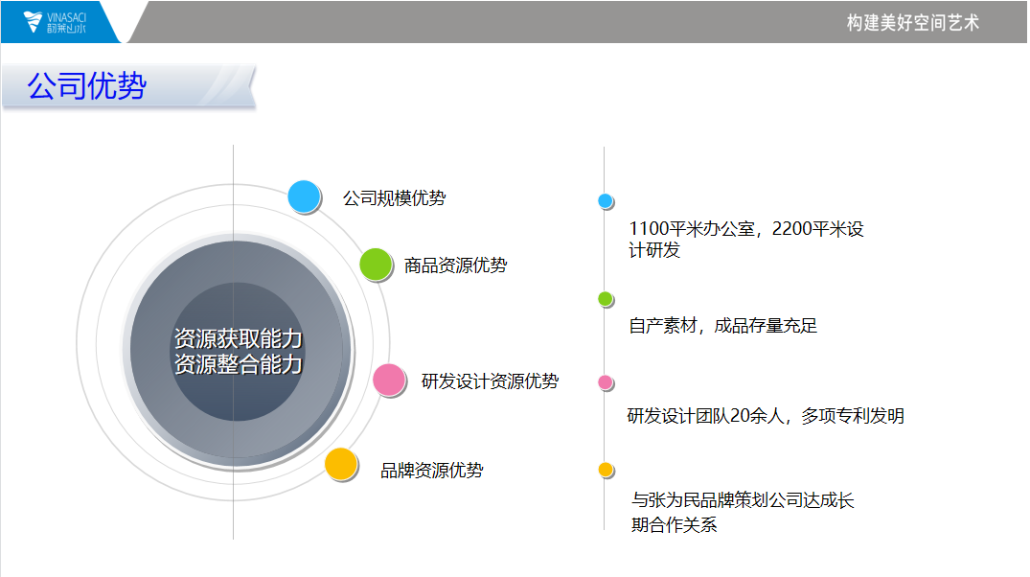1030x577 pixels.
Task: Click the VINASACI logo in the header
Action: (55, 22)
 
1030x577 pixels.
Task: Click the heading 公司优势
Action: (86, 86)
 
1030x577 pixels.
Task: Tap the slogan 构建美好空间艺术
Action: (912, 23)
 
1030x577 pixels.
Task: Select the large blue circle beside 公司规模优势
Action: (304, 196)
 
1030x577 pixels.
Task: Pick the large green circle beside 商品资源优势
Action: (376, 265)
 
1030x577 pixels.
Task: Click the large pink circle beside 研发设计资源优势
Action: (389, 380)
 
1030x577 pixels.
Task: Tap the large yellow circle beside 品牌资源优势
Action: (341, 464)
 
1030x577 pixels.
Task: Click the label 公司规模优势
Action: (394, 197)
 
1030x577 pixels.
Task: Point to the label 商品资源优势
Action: (455, 265)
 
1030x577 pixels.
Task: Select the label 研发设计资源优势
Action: (490, 381)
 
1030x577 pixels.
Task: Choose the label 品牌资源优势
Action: (431, 471)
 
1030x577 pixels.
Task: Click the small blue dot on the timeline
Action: (605, 201)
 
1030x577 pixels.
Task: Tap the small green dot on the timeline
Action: (605, 299)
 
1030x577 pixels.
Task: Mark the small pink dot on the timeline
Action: (605, 382)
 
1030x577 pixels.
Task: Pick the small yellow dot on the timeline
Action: (605, 470)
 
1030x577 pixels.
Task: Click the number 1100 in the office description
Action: (649, 229)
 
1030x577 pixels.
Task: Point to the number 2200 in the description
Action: (791, 229)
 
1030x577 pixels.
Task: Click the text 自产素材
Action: (663, 326)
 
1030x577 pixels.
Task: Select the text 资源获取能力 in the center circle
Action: (238, 338)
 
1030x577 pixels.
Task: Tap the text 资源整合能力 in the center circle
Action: (238, 364)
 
